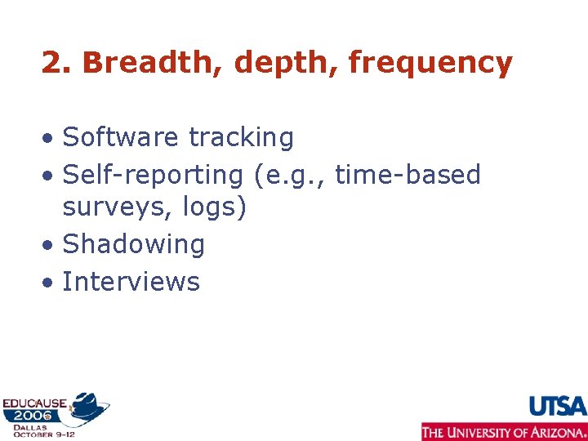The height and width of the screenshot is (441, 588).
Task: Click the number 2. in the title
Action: pos(56,62)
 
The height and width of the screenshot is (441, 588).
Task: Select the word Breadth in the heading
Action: pos(144,62)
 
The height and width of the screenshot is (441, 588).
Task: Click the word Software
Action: pos(121,137)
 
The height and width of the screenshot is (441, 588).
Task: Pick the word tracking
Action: pos(241,138)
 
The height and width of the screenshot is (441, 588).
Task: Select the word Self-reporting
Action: pos(152,175)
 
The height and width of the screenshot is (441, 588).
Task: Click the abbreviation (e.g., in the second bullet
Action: pos(288,175)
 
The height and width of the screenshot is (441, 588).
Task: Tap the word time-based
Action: pos(408,175)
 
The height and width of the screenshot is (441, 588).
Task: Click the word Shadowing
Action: pos(133,244)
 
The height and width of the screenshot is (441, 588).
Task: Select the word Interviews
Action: pos(131,282)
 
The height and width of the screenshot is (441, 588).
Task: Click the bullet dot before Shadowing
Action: pos(50,245)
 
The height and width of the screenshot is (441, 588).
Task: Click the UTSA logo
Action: pos(558,406)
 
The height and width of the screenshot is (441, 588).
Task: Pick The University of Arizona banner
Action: pos(504,431)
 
